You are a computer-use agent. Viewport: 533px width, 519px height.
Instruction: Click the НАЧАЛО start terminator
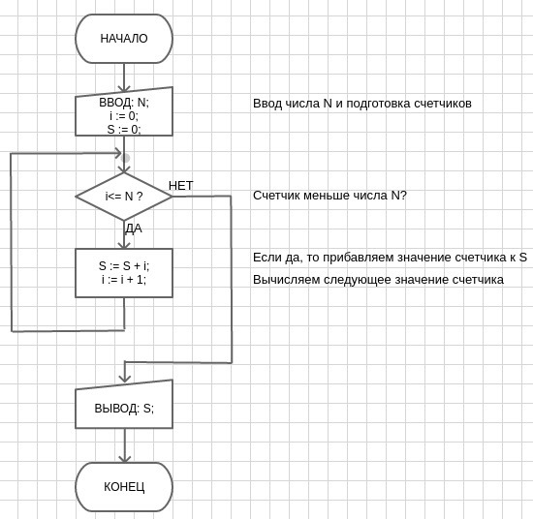(x=124, y=39)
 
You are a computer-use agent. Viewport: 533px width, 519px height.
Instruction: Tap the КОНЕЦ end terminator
(x=124, y=487)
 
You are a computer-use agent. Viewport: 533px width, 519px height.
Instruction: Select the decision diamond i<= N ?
(x=124, y=197)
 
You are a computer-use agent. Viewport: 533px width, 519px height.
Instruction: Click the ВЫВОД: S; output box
(x=124, y=404)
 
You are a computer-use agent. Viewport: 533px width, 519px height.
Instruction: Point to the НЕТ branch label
(x=181, y=186)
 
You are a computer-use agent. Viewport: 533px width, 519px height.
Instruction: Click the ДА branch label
(x=134, y=229)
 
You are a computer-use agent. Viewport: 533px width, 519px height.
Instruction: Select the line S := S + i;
(x=124, y=266)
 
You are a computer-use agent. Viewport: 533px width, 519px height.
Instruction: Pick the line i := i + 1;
(x=124, y=280)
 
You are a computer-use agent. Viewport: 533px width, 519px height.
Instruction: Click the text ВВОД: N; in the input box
(x=124, y=103)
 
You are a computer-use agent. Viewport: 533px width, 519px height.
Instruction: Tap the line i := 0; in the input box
(x=124, y=116)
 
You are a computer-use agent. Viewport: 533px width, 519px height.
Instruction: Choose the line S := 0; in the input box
(x=124, y=129)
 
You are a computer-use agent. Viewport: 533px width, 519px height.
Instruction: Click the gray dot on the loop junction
(x=125, y=158)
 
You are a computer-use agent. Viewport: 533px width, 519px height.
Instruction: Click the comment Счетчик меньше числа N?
(x=329, y=196)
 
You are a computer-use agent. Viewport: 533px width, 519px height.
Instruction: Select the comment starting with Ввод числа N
(x=362, y=104)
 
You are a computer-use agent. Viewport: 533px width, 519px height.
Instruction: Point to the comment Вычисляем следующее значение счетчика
(x=378, y=280)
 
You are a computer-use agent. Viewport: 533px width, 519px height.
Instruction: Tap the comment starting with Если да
(x=390, y=258)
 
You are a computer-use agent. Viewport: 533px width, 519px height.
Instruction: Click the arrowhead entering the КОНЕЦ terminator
(x=125, y=458)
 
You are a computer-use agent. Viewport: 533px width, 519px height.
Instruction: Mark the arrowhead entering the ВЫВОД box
(x=125, y=378)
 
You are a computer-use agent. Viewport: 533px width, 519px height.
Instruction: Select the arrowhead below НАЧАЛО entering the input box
(x=124, y=87)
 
